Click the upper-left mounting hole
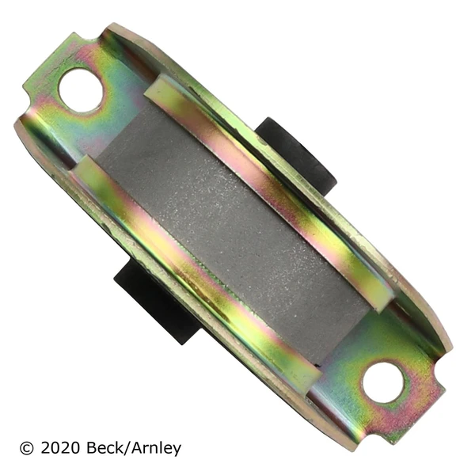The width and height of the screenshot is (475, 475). tap(81, 89)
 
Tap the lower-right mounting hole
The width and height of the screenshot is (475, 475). tap(383, 382)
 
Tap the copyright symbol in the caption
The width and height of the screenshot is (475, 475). tap(26, 448)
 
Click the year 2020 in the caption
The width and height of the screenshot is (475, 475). tap(60, 448)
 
